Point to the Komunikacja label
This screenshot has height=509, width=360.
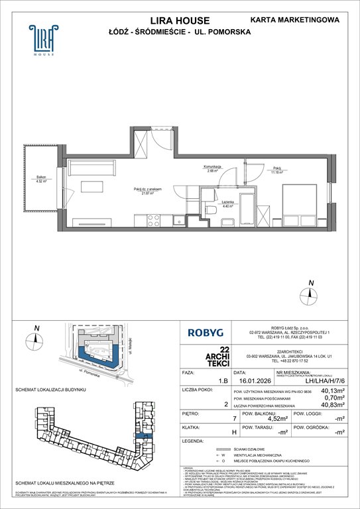213,168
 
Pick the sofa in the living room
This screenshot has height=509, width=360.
93,167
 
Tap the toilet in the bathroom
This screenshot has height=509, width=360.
211,210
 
